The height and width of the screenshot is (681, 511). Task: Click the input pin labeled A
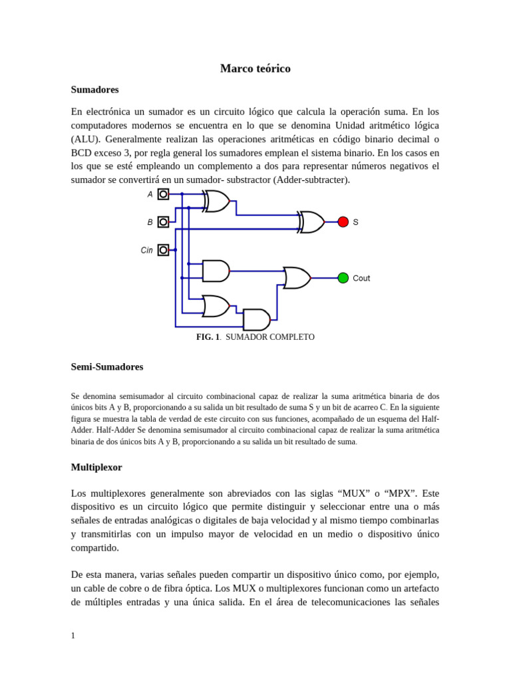(x=163, y=194)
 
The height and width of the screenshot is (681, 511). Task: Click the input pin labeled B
(x=163, y=222)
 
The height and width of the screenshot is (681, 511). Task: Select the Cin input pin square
(x=163, y=250)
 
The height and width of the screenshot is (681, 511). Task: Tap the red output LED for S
(x=343, y=222)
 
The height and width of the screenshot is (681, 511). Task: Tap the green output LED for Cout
(x=343, y=278)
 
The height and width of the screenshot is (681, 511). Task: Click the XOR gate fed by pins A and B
(x=217, y=201)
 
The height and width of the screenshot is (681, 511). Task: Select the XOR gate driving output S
(x=311, y=222)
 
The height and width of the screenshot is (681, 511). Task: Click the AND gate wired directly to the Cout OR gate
(x=216, y=271)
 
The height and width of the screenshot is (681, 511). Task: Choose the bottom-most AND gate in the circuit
(x=257, y=320)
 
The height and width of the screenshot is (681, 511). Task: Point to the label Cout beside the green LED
(x=361, y=279)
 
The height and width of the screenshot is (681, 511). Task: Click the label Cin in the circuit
(x=146, y=251)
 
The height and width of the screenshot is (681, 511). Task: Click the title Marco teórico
(x=255, y=68)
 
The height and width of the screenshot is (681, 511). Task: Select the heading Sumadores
(x=94, y=89)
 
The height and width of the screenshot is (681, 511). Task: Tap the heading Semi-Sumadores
(x=106, y=366)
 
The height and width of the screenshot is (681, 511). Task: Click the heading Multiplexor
(x=96, y=467)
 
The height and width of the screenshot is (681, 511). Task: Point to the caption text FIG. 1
(x=208, y=337)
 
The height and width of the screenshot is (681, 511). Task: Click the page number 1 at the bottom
(x=73, y=635)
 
